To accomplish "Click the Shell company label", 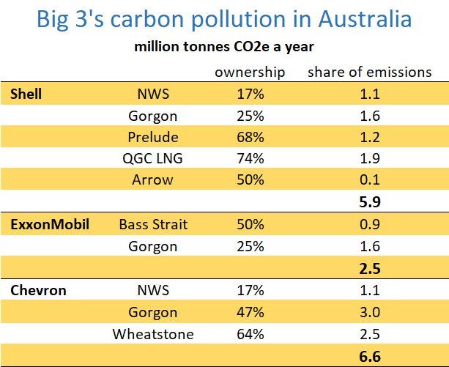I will [26, 94].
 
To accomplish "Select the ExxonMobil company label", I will [50, 225].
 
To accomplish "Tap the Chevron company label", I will [38, 291].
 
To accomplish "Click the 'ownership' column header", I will [250, 72].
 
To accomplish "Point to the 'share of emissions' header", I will [369, 72].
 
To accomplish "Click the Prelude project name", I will [152, 138].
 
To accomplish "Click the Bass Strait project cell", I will [152, 225].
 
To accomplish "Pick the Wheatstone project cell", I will [152, 335].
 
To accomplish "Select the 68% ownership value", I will [251, 138].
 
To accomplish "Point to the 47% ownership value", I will [251, 313].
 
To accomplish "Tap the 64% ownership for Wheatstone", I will [251, 335].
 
